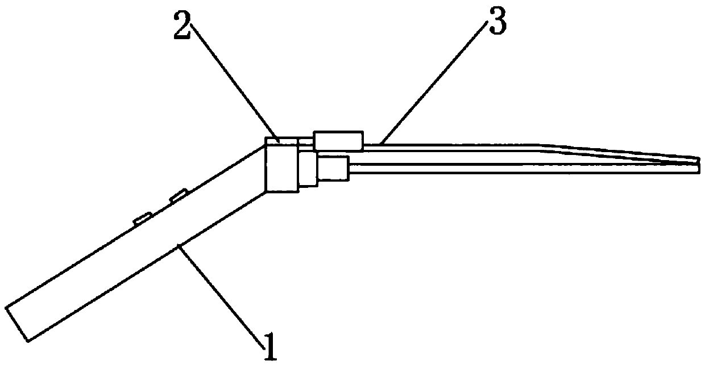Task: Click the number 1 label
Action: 270,347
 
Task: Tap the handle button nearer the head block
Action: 179,196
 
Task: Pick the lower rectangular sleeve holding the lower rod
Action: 334,169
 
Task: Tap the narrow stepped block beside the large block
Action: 308,169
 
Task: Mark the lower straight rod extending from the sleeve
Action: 512,168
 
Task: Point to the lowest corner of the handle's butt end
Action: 27,341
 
